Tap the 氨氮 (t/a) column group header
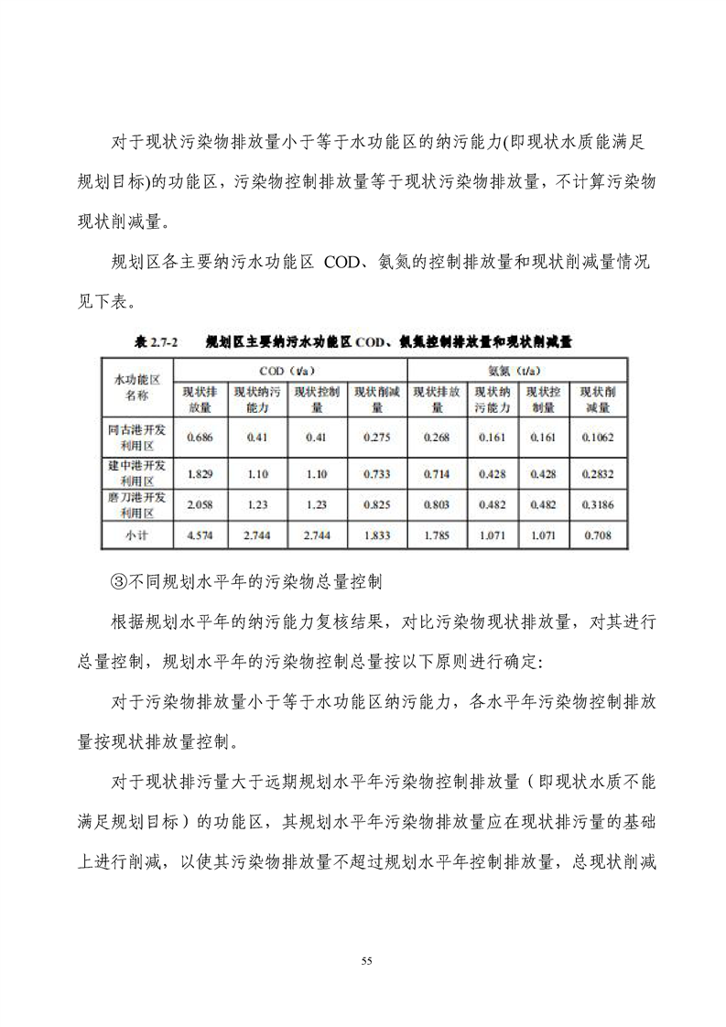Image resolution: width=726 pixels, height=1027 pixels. (x=512, y=372)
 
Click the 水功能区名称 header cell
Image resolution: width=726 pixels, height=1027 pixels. (x=136, y=387)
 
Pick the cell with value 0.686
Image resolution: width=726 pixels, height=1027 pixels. (x=200, y=438)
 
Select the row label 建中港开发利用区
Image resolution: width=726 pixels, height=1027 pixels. (x=136, y=474)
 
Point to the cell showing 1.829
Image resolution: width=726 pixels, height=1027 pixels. (x=200, y=474)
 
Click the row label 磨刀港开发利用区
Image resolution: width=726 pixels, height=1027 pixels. (x=136, y=504)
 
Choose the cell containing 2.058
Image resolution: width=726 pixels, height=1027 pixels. (x=200, y=504)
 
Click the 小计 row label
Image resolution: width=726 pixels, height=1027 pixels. (x=136, y=535)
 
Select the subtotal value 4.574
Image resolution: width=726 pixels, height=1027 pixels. (x=200, y=535)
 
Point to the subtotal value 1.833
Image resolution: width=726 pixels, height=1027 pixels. (x=376, y=535)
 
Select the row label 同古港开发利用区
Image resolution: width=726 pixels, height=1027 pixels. (x=136, y=438)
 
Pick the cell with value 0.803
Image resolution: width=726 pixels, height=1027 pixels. (x=437, y=504)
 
